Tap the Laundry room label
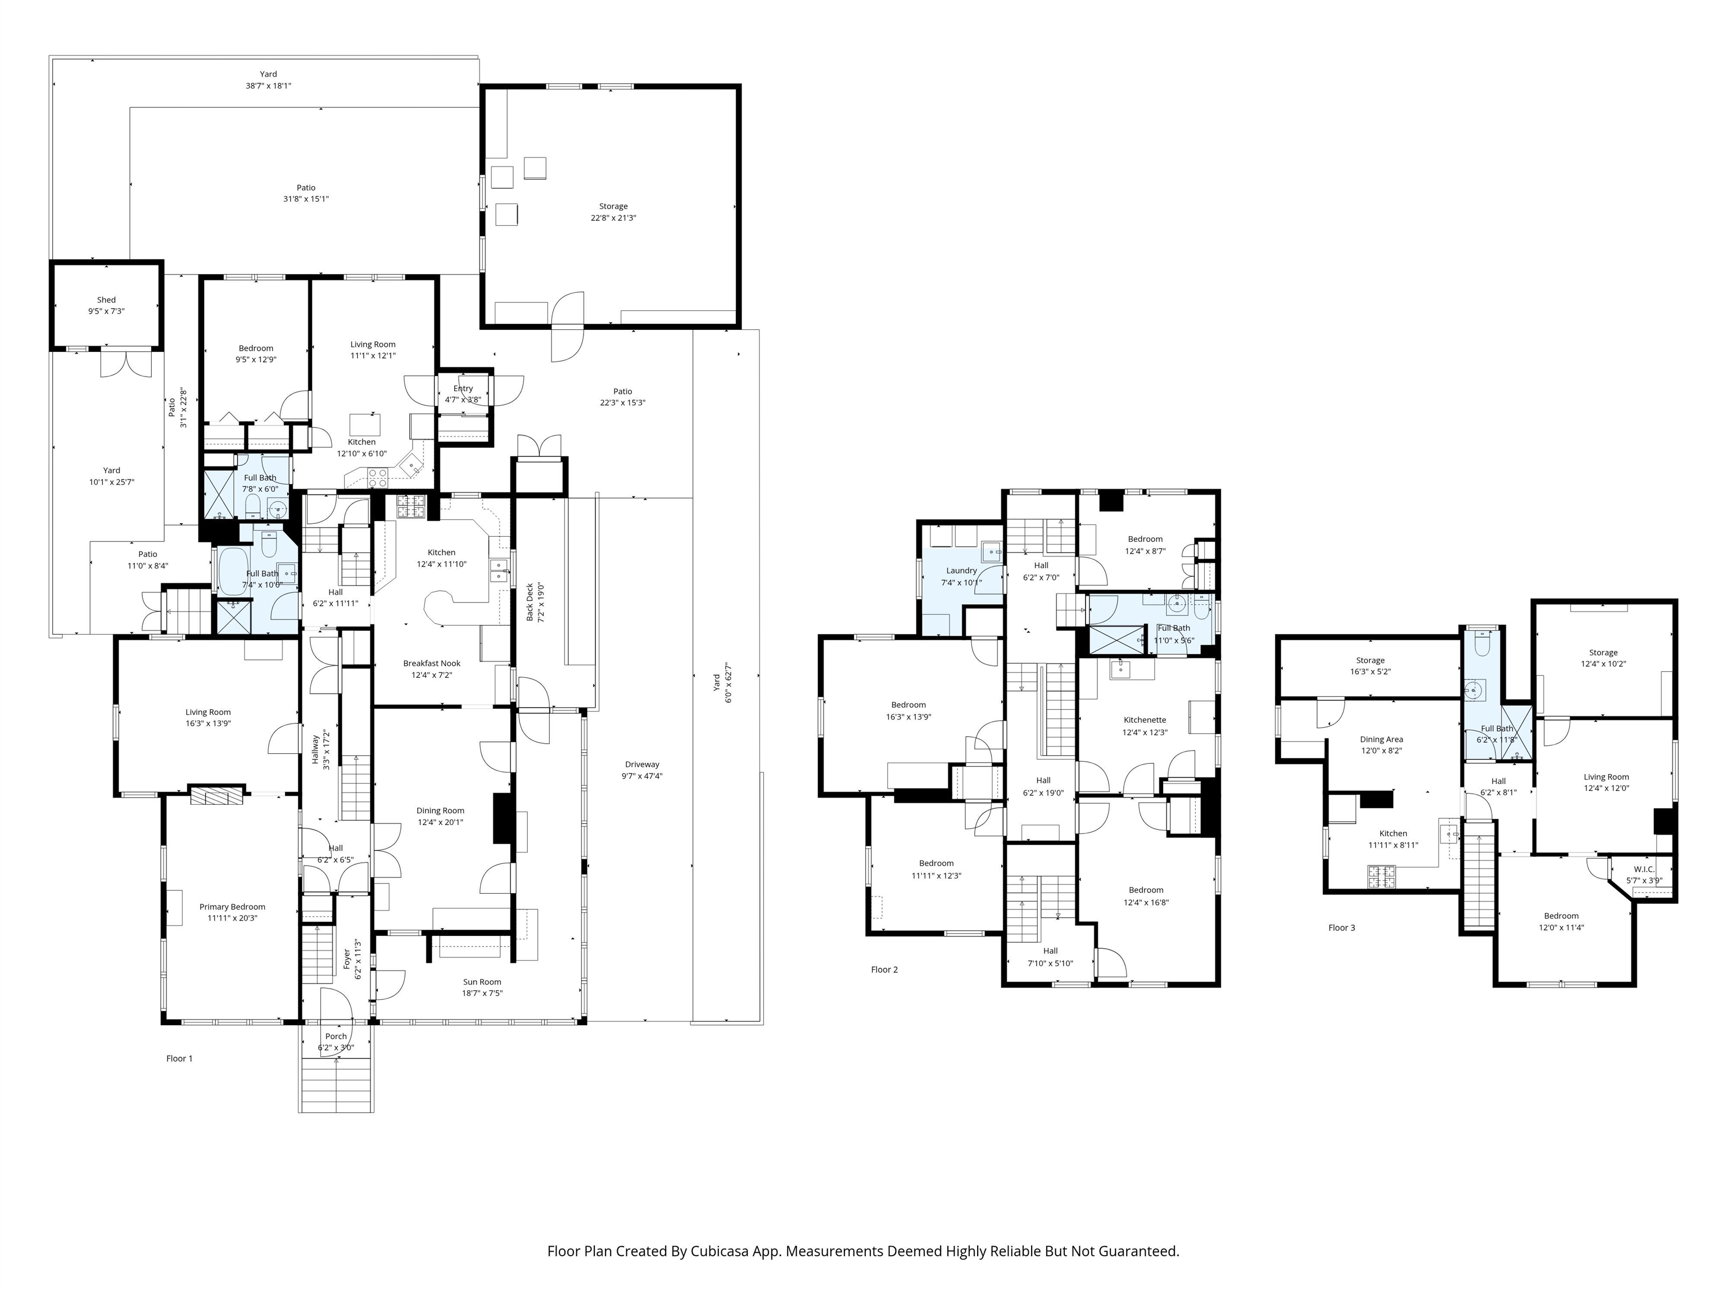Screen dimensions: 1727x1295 [x=961, y=570]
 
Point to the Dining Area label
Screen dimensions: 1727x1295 [x=1381, y=739]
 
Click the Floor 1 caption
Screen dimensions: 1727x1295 [x=179, y=1058]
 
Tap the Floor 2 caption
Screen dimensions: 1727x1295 [x=884, y=970]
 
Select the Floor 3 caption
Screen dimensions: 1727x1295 [x=1342, y=928]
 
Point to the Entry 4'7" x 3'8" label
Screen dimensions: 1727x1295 [x=463, y=393]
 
